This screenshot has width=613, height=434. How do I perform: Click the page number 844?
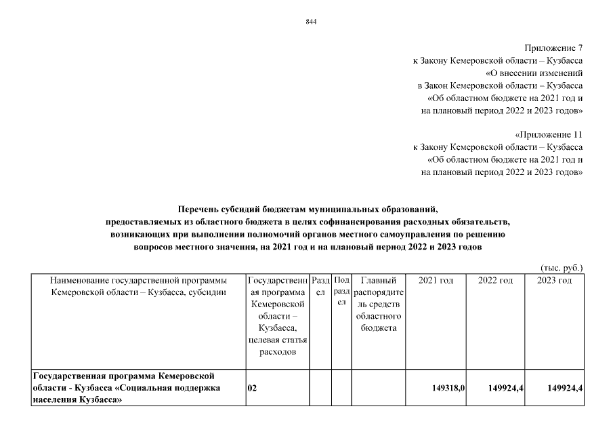pos(312,22)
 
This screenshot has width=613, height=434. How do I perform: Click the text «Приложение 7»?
pos(553,48)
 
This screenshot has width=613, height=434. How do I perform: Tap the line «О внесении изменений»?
pos(534,73)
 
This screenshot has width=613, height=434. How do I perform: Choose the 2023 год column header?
pos(554,281)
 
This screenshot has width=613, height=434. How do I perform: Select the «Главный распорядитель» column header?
pos(379,304)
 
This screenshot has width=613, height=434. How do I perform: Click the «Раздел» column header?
pos(320,286)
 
